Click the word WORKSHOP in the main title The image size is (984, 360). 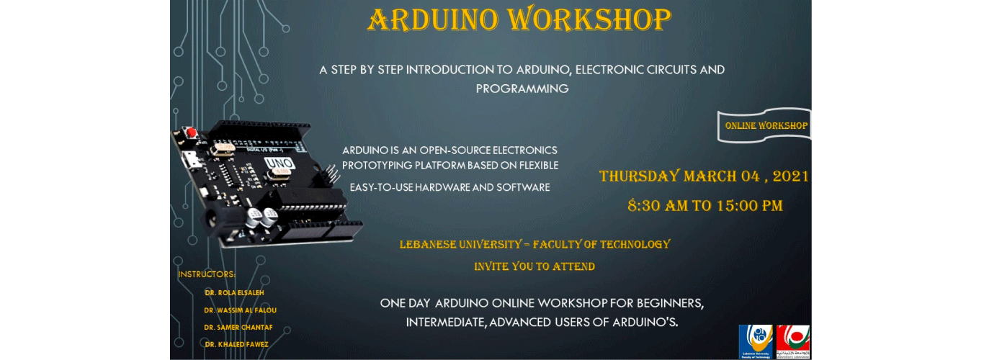coord(589,20)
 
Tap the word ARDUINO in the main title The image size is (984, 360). coord(432,20)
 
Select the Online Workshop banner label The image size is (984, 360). coord(766,125)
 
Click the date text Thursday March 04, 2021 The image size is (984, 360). coord(704,176)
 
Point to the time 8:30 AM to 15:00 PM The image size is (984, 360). coord(705,205)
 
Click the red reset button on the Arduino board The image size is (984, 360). coord(192,132)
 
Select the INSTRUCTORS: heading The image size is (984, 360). coord(207,274)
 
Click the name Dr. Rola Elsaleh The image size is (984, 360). coord(234,293)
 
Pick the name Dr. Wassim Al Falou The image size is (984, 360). coord(240,310)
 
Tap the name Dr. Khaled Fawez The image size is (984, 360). coord(236,345)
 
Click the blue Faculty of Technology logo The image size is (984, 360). coord(756,341)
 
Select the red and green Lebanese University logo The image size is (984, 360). coord(793,341)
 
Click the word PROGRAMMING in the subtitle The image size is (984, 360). coord(522,89)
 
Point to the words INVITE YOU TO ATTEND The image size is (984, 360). coord(534,266)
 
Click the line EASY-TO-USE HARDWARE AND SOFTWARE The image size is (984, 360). coord(449,187)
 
